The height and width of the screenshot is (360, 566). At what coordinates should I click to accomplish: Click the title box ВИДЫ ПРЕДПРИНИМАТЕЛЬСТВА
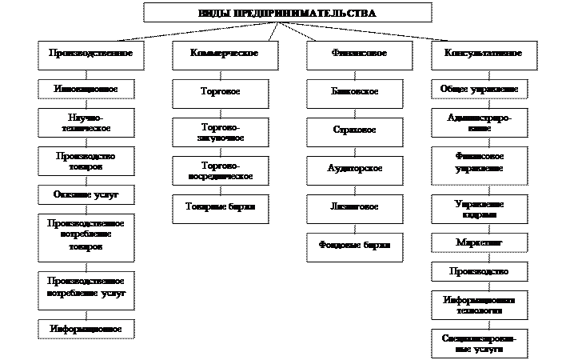pyautogui.click(x=287, y=13)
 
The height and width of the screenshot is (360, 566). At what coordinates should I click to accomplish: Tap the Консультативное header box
pyautogui.click(x=477, y=53)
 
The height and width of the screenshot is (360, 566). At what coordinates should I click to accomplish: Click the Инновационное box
pyautogui.click(x=85, y=88)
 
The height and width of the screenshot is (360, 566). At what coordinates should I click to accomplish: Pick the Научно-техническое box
pyautogui.click(x=85, y=122)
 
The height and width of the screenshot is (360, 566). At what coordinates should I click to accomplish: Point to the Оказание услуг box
pyautogui.click(x=85, y=194)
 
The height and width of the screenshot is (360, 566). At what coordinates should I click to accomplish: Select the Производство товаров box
pyautogui.click(x=85, y=161)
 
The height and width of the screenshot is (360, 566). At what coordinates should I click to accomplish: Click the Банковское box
pyautogui.click(x=354, y=92)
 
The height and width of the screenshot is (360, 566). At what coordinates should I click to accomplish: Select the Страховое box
pyautogui.click(x=354, y=130)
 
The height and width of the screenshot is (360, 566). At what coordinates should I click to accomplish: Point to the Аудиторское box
pyautogui.click(x=354, y=168)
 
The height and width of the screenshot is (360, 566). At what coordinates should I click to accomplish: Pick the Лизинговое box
pyautogui.click(x=354, y=206)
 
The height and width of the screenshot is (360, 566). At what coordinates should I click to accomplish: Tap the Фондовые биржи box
pyautogui.click(x=354, y=246)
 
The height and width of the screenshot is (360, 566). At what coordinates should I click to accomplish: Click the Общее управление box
pyautogui.click(x=479, y=88)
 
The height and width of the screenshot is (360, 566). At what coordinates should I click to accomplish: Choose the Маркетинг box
pyautogui.click(x=479, y=241)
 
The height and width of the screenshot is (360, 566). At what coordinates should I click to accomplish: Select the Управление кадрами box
pyautogui.click(x=479, y=209)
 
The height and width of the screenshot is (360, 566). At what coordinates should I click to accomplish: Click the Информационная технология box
pyautogui.click(x=479, y=304)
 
